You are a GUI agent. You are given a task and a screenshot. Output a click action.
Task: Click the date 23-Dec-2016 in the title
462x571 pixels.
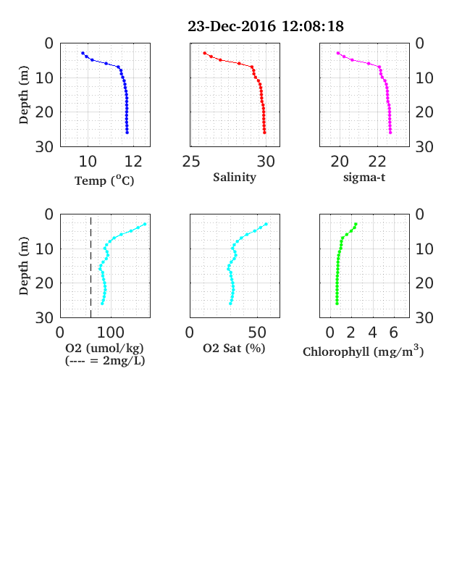coord(232,26)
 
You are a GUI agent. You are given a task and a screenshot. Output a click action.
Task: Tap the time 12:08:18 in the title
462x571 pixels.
coord(313,26)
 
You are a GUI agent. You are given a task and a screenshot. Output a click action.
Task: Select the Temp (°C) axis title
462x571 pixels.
coord(104,180)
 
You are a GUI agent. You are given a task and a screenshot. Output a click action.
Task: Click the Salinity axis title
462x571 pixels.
coord(235,178)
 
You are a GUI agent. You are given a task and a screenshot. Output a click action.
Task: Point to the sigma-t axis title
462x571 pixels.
coord(364,178)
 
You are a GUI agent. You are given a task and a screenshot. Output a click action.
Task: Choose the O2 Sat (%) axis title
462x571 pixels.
coord(234,349)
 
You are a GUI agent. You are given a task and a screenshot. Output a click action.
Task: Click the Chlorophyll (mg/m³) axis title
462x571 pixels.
coord(364,351)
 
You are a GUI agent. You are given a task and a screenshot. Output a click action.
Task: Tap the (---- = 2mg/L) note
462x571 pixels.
coord(105,361)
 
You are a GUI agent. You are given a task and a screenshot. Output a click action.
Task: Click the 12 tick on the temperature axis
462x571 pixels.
coord(133,162)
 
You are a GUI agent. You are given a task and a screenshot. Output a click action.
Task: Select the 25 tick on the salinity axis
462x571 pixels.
coord(191,162)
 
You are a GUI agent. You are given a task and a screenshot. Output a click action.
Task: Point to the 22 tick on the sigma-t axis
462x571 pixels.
coord(377,162)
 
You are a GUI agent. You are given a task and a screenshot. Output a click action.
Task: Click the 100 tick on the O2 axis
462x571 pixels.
coord(110,333)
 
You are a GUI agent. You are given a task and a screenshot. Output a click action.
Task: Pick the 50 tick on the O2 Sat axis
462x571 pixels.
coord(257,333)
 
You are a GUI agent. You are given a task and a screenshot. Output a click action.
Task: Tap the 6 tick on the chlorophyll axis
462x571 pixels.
coord(394,333)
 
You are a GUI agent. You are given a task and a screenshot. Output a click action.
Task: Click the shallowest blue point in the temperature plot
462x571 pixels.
coord(83,53)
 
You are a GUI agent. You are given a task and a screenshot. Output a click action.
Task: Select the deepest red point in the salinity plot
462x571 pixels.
coord(264,132)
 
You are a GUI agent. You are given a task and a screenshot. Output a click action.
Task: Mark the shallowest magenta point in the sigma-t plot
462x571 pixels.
coord(338,53)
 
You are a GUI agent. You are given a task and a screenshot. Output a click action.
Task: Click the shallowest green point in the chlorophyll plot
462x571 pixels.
coord(356,224)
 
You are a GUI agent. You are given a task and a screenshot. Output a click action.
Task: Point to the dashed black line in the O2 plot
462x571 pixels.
coord(91,266)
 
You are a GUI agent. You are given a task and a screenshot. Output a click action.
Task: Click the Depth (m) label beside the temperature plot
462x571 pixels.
coord(24,95)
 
